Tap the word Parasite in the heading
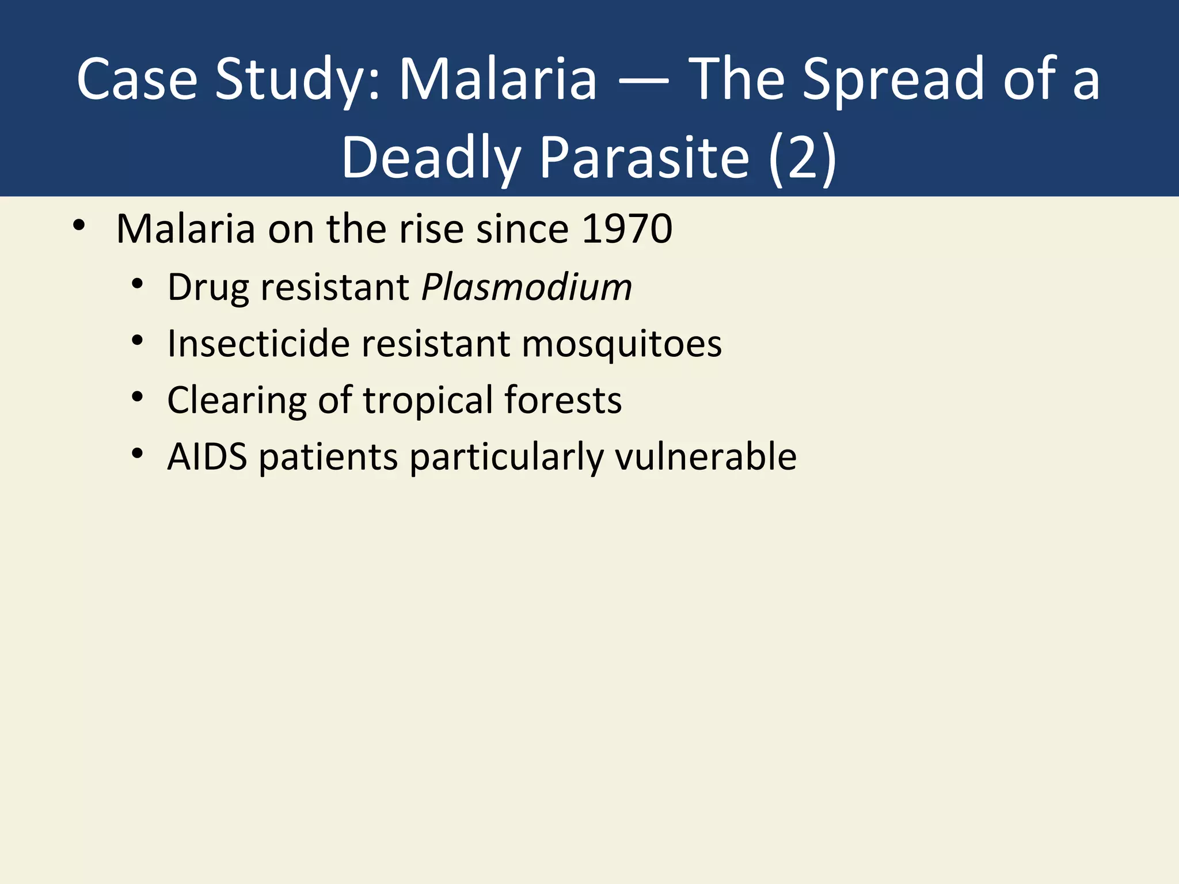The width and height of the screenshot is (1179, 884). (644, 158)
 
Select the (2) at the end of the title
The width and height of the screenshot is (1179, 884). (803, 158)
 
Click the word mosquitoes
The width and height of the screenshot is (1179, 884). (621, 345)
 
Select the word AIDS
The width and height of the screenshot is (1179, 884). (207, 457)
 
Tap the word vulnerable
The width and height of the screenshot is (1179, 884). (705, 457)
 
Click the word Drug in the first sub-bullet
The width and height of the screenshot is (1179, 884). (208, 288)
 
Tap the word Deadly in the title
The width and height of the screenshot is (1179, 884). (431, 158)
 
